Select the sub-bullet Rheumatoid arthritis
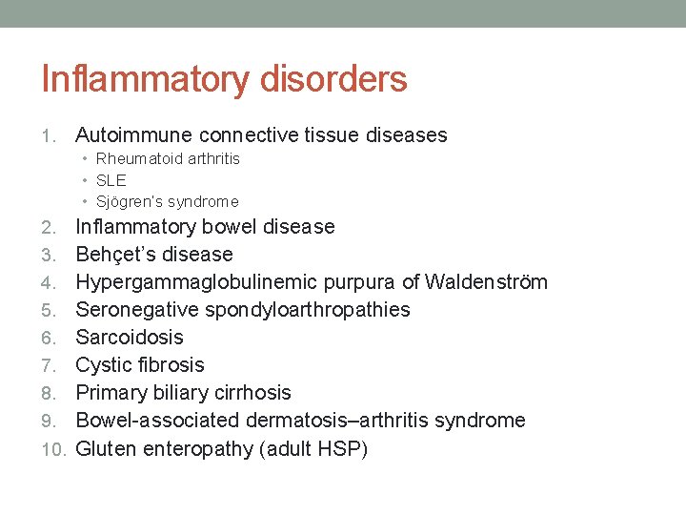[168, 158]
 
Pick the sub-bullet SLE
[111, 180]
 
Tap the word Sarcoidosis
[130, 338]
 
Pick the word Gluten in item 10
[106, 448]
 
